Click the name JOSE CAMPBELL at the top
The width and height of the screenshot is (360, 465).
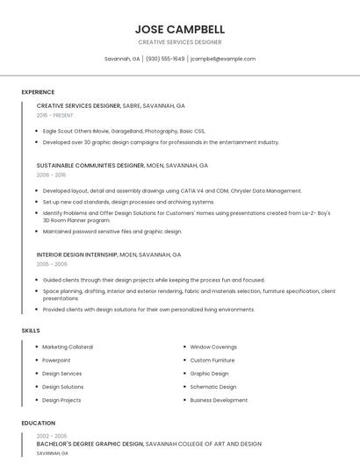pyautogui.click(x=180, y=29)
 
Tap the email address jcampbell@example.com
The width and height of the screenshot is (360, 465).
pyautogui.click(x=223, y=59)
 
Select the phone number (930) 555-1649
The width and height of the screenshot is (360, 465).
pyautogui.click(x=165, y=59)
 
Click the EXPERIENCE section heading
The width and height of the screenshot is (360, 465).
pyautogui.click(x=38, y=92)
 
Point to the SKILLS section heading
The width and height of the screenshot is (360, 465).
pyautogui.click(x=31, y=330)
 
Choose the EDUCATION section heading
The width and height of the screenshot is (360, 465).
pyautogui.click(x=38, y=423)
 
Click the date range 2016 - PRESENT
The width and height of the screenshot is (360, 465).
pyautogui.click(x=55, y=115)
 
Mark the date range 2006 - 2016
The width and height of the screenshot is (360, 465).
pyautogui.click(x=51, y=175)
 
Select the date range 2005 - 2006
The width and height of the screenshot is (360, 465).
pyautogui.click(x=52, y=263)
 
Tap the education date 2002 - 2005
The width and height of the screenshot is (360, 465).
pyautogui.click(x=52, y=436)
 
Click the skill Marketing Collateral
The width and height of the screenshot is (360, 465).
pyautogui.click(x=68, y=347)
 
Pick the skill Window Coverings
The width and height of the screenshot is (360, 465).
pyautogui.click(x=213, y=347)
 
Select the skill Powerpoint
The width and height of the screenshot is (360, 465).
pyautogui.click(x=56, y=360)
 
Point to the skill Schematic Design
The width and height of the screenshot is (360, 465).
pyautogui.click(x=213, y=386)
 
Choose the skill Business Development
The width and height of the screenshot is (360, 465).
pyautogui.click(x=219, y=400)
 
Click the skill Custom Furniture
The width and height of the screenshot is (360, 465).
pyautogui.click(x=212, y=360)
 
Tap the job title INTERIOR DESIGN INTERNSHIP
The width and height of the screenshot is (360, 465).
pyautogui.click(x=77, y=254)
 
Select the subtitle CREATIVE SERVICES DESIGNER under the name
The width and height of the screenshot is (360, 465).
pyautogui.click(x=180, y=42)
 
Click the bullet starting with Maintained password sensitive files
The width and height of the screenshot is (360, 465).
pyautogui.click(x=112, y=232)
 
